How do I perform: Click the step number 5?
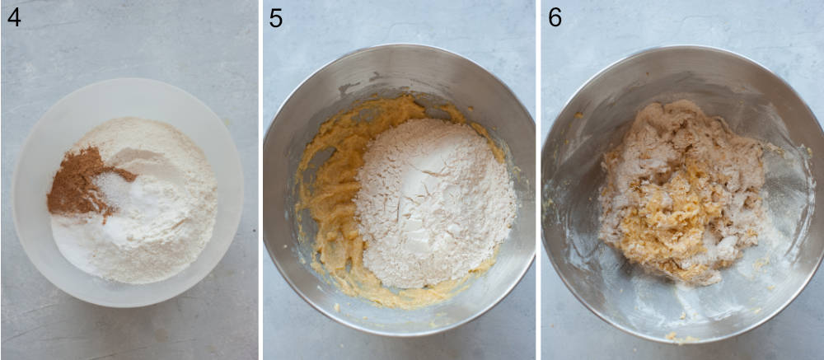(276, 16)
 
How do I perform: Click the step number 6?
(555, 16)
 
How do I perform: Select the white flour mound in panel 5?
(433, 206)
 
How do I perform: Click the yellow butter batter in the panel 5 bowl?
(330, 214)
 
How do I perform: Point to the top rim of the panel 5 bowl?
(400, 47)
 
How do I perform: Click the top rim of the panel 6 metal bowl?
(684, 48)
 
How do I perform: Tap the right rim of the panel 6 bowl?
(821, 189)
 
